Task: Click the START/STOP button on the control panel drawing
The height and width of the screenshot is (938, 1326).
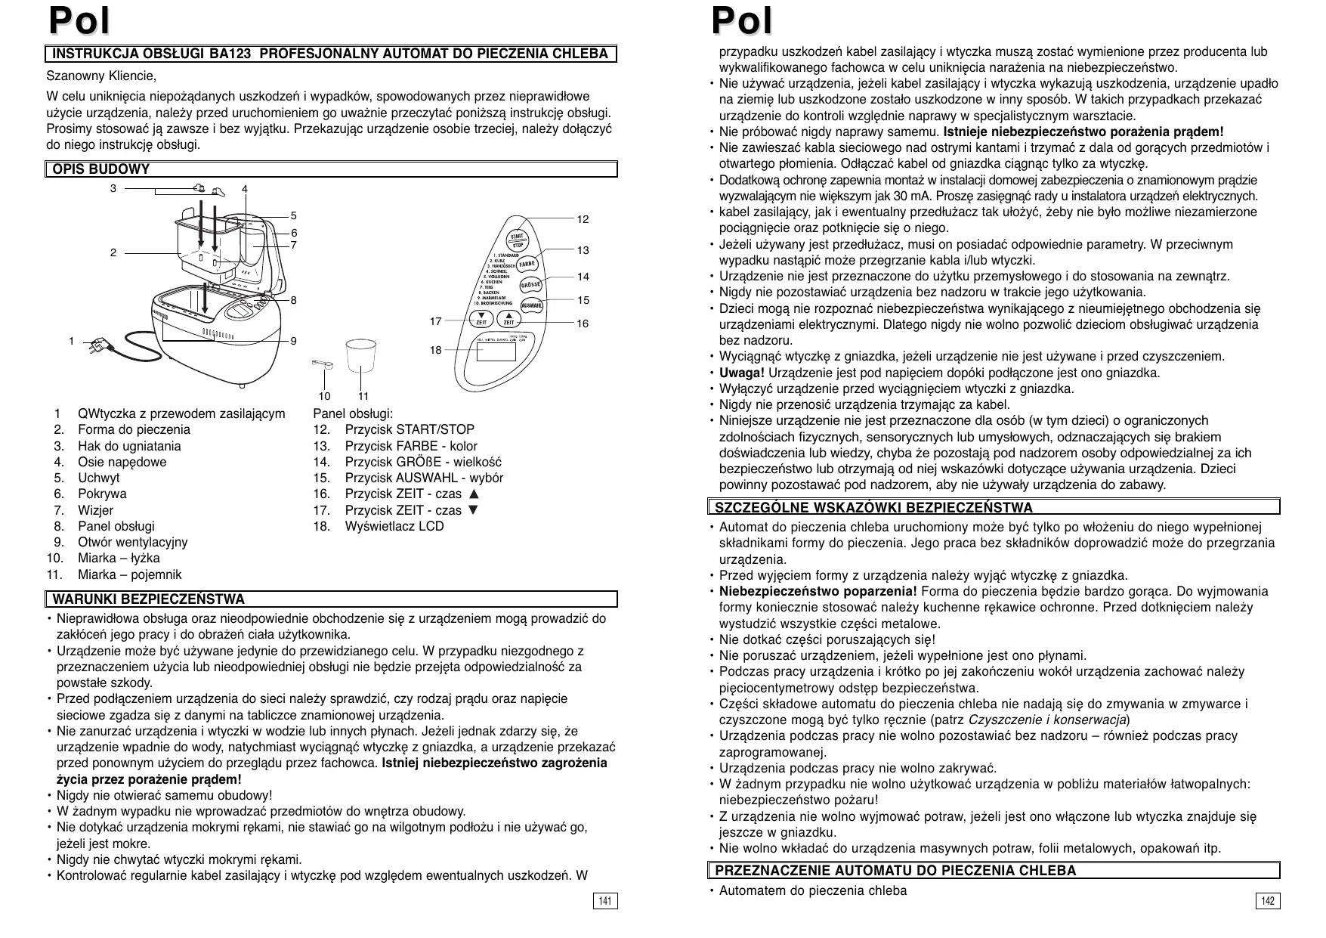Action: (518, 240)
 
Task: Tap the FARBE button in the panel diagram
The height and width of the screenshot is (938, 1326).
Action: (527, 263)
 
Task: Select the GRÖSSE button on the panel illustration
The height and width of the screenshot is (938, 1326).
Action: (531, 285)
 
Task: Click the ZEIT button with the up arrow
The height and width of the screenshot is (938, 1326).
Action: (509, 318)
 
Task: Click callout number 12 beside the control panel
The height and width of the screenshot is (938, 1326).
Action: (583, 220)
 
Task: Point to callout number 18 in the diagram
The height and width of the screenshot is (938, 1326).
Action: (436, 351)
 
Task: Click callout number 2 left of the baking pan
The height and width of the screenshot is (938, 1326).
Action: (113, 252)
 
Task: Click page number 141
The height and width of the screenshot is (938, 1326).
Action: (605, 901)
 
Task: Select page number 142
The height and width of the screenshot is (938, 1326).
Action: (1268, 901)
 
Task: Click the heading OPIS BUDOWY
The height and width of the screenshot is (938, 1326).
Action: (100, 169)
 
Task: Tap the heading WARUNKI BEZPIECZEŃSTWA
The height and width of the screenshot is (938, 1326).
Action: (148, 599)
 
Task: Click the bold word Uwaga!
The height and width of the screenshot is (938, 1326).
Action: (741, 373)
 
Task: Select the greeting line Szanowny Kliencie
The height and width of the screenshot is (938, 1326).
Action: (101, 76)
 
